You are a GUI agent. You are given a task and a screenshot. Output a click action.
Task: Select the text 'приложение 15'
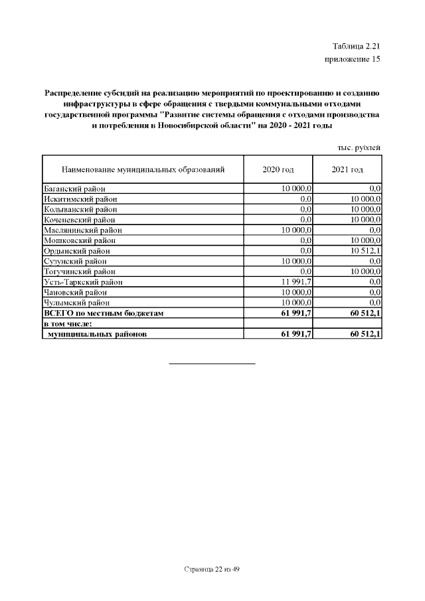(x=352, y=60)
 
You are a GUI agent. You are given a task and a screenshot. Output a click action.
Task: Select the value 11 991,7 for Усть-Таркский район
(x=296, y=282)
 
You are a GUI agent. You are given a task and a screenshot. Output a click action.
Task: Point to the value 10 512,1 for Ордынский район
(x=365, y=250)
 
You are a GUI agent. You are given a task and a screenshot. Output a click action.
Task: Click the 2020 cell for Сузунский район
(x=296, y=261)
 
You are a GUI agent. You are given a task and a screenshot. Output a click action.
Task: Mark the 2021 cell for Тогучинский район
(x=365, y=272)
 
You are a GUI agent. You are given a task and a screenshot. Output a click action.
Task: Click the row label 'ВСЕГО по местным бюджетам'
(x=103, y=313)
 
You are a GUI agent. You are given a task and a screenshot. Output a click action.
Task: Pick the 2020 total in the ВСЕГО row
(x=296, y=313)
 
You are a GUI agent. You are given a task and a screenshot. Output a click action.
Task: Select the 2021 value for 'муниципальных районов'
(x=363, y=333)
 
